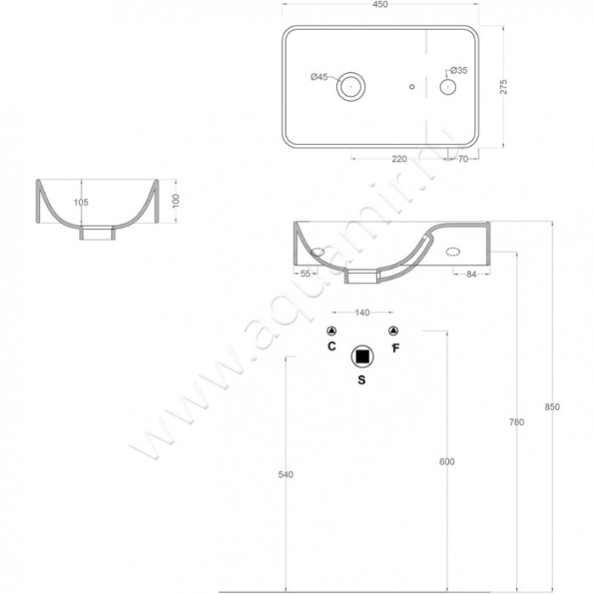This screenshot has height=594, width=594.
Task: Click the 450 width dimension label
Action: click(x=380, y=4)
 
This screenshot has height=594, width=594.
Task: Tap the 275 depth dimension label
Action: click(x=503, y=87)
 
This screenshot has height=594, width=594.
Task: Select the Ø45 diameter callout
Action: click(x=319, y=77)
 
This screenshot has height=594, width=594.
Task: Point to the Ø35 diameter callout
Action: click(x=458, y=70)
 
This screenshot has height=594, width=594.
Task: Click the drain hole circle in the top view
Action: click(x=350, y=72)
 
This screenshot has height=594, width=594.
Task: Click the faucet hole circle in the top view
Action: click(x=447, y=80)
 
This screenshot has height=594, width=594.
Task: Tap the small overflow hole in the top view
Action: click(x=412, y=87)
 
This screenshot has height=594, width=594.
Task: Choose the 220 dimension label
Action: click(x=399, y=160)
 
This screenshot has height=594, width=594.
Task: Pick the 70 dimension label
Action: click(x=463, y=160)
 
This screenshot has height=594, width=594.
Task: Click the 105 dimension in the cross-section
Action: click(x=81, y=202)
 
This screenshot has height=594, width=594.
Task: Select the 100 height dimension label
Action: click(x=176, y=201)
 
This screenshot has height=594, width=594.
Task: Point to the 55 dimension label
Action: click(x=305, y=273)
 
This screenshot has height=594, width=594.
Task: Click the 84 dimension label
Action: click(x=471, y=274)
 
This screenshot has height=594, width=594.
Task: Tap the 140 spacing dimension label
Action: click(x=362, y=312)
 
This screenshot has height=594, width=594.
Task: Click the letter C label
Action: click(x=332, y=346)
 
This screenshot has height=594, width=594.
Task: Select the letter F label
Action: click(x=395, y=348)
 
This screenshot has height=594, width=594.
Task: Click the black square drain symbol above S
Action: click(x=362, y=356)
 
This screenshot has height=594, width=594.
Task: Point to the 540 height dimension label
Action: click(x=286, y=474)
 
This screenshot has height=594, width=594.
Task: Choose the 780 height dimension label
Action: click(x=516, y=422)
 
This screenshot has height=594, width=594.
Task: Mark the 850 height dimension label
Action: click(x=552, y=406)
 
